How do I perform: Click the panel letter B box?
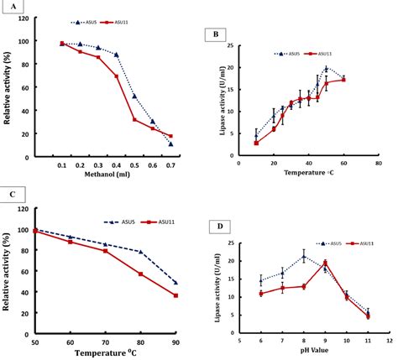pyautogui.click(x=215, y=35)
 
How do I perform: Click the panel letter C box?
pyautogui.click(x=11, y=194)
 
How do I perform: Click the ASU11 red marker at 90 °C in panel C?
pyautogui.click(x=175, y=295)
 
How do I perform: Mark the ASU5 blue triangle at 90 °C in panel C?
pyautogui.click(x=175, y=282)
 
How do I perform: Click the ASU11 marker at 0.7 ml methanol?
pyautogui.click(x=170, y=136)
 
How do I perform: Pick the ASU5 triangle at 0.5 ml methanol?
pyautogui.click(x=134, y=96)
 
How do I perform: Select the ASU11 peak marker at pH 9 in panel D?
pyautogui.click(x=325, y=262)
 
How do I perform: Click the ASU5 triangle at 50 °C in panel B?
pyautogui.click(x=326, y=68)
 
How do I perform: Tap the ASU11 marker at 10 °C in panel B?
pyautogui.click(x=255, y=143)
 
